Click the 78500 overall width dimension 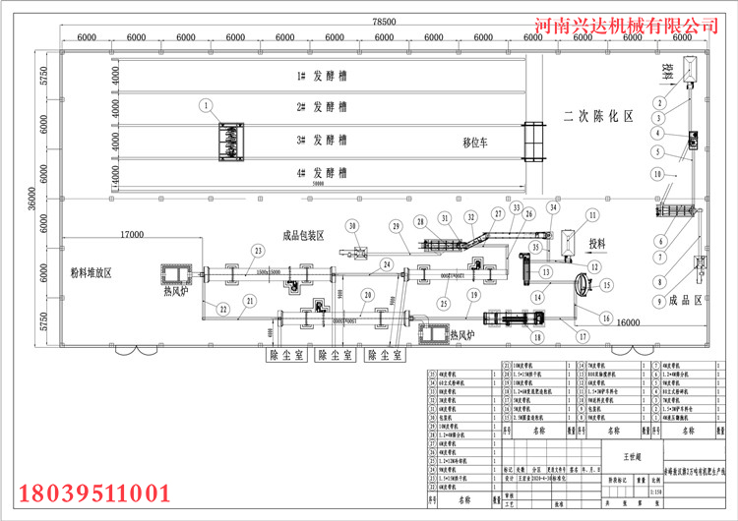tap(383, 21)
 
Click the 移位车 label tap(480, 142)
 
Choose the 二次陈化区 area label tap(597, 116)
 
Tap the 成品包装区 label tap(303, 235)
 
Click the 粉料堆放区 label tap(91, 272)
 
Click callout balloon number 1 tap(206, 104)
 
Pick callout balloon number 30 tap(350, 227)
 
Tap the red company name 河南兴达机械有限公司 tap(636, 23)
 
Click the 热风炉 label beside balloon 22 tap(177, 292)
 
